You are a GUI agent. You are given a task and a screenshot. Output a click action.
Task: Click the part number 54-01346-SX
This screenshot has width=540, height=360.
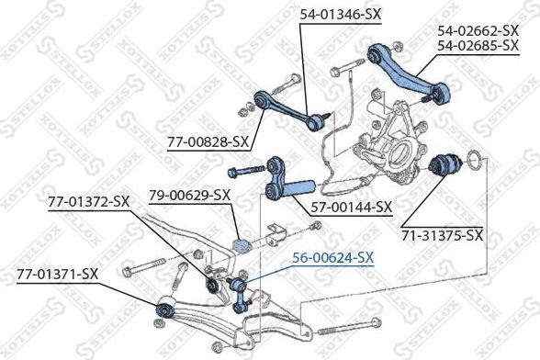click(x=340, y=15)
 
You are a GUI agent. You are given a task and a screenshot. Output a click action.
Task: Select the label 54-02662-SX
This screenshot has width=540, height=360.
click(x=478, y=29)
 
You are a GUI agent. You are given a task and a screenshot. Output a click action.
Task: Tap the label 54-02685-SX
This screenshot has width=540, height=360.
click(x=478, y=44)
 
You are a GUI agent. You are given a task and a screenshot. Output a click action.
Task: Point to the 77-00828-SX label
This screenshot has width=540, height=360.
click(x=208, y=141)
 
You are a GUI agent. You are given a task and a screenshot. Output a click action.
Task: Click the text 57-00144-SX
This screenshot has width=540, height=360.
click(x=352, y=207)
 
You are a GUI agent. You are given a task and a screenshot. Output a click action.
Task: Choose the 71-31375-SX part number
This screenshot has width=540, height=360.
click(x=442, y=235)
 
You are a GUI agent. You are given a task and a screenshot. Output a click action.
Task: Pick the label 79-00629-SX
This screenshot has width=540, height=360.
click(x=189, y=195)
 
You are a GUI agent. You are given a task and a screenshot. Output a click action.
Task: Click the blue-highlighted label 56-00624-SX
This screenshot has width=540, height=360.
click(x=332, y=258)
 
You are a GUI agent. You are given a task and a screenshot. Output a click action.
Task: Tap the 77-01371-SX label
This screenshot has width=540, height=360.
click(x=57, y=273)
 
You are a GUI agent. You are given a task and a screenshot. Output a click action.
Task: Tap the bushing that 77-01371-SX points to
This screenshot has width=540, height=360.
click(x=166, y=308)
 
